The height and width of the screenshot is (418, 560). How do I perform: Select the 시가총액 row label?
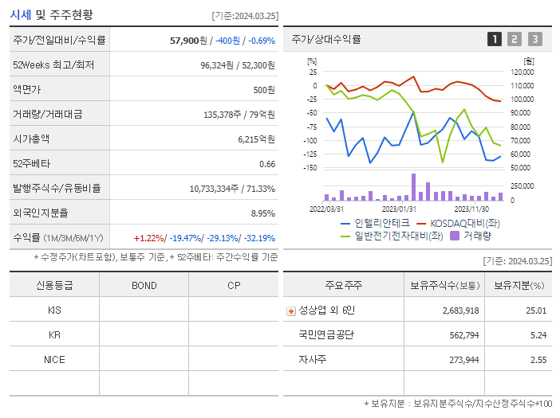31,139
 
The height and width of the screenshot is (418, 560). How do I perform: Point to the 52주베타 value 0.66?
266,164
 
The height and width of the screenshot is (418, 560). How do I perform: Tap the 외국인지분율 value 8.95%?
262,213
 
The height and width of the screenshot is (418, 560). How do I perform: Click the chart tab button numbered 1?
495,39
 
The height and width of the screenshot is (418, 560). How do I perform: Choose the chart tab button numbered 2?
515,39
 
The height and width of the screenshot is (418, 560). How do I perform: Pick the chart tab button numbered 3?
534,39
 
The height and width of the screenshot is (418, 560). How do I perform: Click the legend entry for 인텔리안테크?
375,223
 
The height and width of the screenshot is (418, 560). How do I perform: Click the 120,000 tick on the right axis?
523,72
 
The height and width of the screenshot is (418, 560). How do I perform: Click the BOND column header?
144,285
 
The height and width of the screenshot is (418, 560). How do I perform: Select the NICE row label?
54,359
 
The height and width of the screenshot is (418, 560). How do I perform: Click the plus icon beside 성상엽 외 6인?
291,311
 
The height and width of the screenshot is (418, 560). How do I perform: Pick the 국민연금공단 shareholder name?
326,335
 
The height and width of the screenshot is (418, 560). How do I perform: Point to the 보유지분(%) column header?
519,285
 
